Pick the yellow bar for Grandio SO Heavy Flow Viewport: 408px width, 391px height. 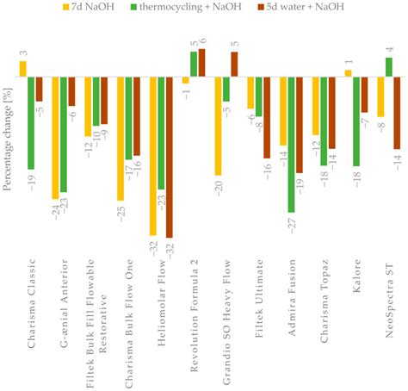[x=218, y=126]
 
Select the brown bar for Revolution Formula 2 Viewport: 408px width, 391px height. [x=201, y=63]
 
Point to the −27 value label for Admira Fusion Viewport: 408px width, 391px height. [x=291, y=223]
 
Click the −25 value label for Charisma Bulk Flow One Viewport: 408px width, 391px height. [x=120, y=212]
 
